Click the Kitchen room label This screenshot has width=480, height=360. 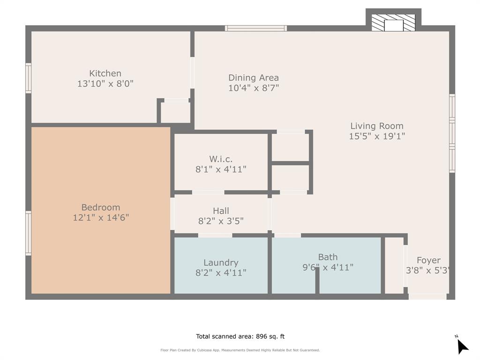[105, 74]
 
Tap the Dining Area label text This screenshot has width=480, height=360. [253, 78]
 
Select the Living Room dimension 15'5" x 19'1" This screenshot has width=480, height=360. [376, 136]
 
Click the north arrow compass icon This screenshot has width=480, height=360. [462, 346]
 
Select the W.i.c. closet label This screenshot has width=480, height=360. [221, 159]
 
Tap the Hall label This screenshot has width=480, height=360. [221, 211]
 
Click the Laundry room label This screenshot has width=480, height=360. [221, 262]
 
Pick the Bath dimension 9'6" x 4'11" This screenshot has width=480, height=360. [328, 268]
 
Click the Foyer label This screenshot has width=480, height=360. [428, 260]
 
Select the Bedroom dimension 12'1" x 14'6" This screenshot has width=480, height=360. [101, 217]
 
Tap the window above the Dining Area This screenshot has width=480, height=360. [256, 28]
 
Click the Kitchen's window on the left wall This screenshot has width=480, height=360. [28, 78]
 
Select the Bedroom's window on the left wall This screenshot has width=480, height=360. [28, 233]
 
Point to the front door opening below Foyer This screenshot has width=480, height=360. [427, 296]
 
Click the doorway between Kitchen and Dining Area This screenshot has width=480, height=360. [192, 73]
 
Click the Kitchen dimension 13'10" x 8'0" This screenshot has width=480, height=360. [105, 84]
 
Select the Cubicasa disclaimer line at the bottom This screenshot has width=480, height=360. [240, 350]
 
